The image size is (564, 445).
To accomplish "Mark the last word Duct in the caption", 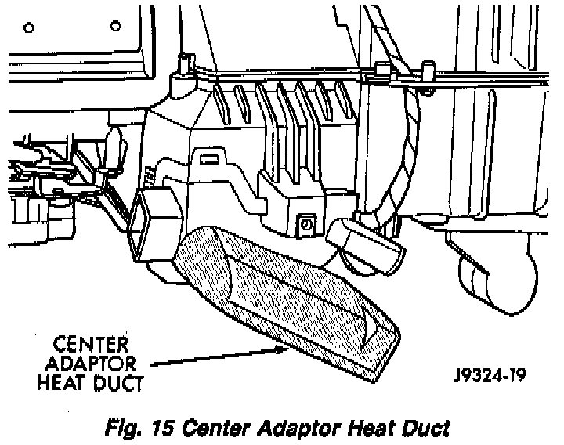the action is click(x=421, y=429).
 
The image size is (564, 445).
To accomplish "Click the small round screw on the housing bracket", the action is click(x=306, y=225).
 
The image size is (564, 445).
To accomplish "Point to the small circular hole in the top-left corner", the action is click(x=29, y=29).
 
